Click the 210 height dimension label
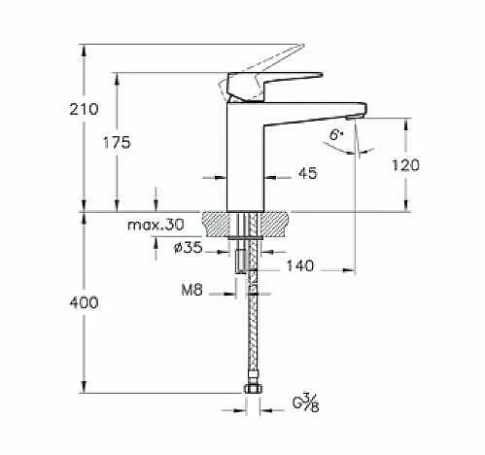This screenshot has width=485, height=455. (84, 109)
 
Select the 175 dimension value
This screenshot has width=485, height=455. (117, 143)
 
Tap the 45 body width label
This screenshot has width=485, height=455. (307, 173)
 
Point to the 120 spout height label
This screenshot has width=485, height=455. (405, 165)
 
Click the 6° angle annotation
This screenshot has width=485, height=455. (336, 135)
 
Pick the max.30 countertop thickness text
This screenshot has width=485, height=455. (156, 225)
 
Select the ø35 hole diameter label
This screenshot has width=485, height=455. (189, 248)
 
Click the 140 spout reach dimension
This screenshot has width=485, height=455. (300, 265)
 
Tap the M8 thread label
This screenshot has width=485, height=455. (192, 290)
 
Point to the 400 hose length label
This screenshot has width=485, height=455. (84, 302)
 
